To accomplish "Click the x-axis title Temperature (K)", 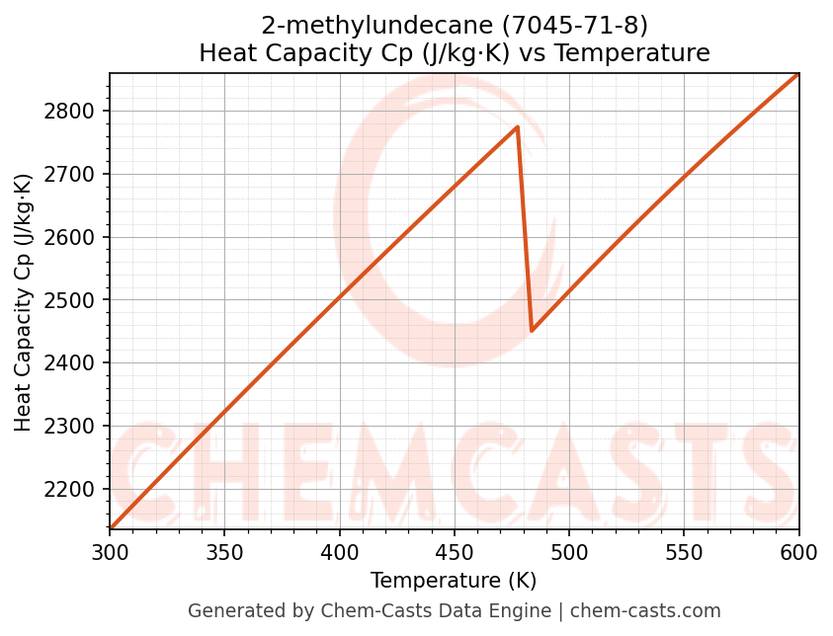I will (454, 581).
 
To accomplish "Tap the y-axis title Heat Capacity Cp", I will (24, 302).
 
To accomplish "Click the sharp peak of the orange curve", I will (517, 127).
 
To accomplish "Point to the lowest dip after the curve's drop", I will (532, 330).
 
